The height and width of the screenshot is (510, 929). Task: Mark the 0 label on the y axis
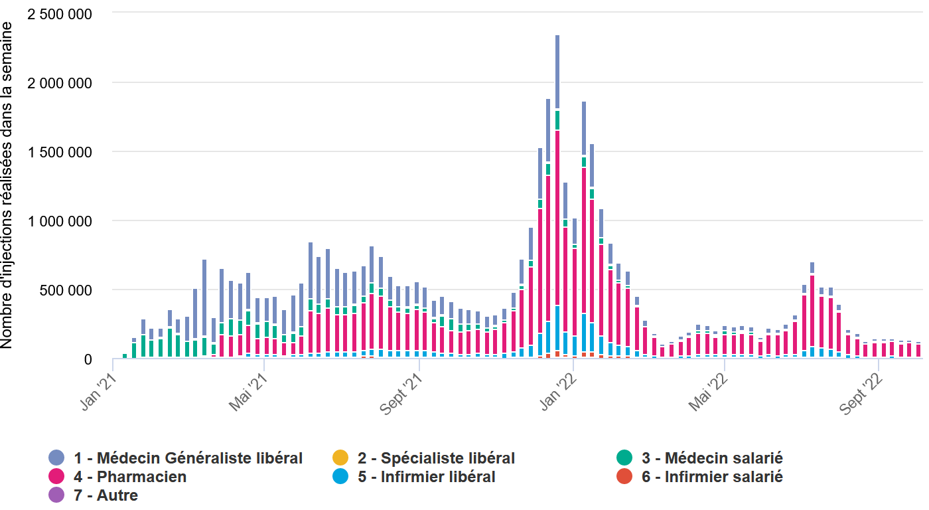click(x=88, y=359)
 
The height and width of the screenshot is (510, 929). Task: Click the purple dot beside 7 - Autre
click(x=56, y=495)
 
